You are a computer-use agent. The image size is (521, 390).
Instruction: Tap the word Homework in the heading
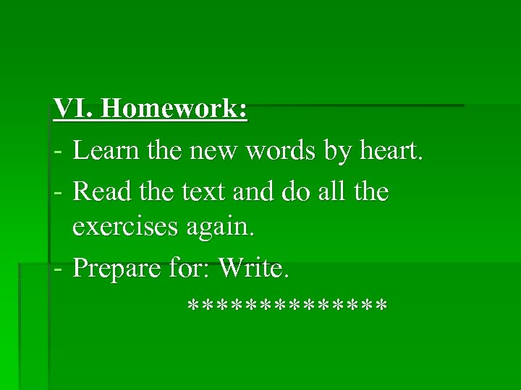[174, 110]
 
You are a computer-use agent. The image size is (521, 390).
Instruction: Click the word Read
[102, 191]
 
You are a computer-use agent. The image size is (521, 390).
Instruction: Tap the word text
[202, 192]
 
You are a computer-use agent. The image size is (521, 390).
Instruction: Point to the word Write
[253, 268]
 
